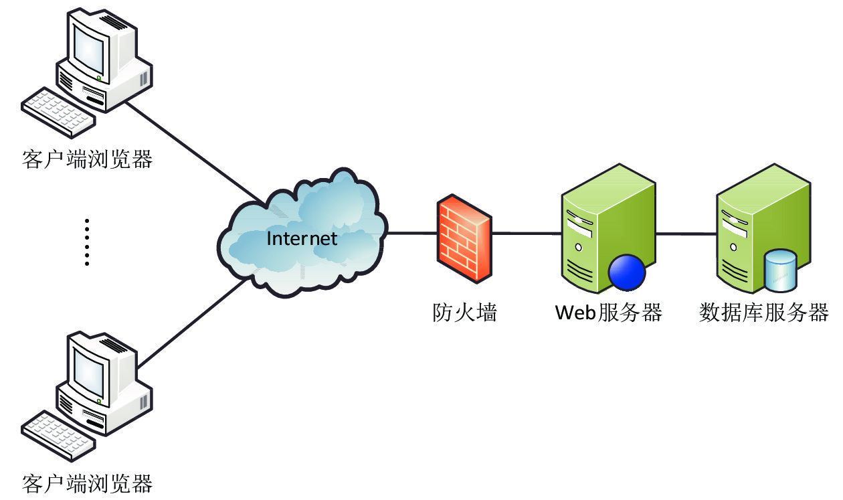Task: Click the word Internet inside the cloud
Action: [302, 238]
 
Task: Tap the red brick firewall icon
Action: [464, 238]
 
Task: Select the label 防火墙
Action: [464, 313]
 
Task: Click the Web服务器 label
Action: [609, 313]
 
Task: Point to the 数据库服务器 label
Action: [764, 313]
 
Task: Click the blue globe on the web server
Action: [626, 272]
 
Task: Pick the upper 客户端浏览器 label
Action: [88, 159]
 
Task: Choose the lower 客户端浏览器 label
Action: [88, 483]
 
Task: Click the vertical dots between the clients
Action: [86, 242]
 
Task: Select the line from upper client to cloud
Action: [194, 151]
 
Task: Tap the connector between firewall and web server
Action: [526, 234]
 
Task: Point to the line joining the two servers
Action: [686, 234]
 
